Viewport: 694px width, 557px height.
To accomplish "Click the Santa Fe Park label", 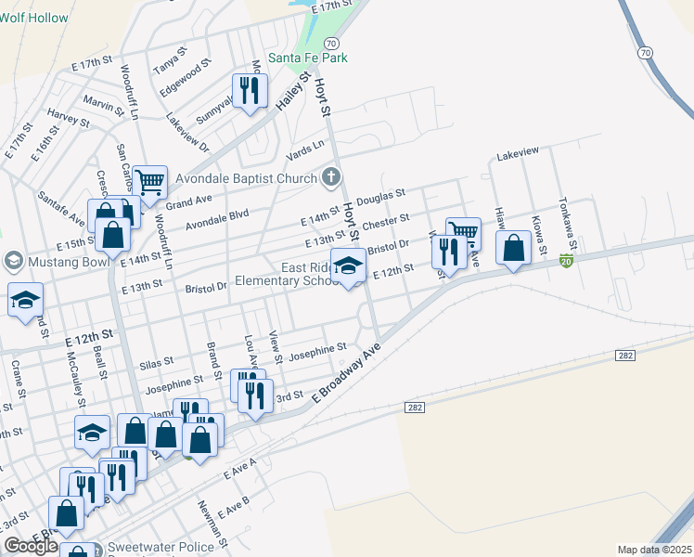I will [308, 58].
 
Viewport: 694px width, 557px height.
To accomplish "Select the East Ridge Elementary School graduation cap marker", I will [348, 267].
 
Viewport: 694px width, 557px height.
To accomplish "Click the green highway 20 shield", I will [566, 263].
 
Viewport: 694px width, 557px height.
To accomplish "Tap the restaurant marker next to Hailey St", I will [249, 91].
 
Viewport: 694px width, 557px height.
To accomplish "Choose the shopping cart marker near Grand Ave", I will [148, 182].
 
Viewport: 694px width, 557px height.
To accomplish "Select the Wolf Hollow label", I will [34, 18].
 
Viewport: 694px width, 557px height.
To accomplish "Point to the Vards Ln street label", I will [306, 147].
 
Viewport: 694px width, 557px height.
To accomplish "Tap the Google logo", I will [31, 545].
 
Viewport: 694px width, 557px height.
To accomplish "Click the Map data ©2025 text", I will [655, 550].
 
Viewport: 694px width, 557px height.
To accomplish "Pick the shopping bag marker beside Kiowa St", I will [513, 248].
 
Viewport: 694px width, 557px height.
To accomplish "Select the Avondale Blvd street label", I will [217, 220].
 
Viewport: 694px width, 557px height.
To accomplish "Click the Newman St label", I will [212, 523].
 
